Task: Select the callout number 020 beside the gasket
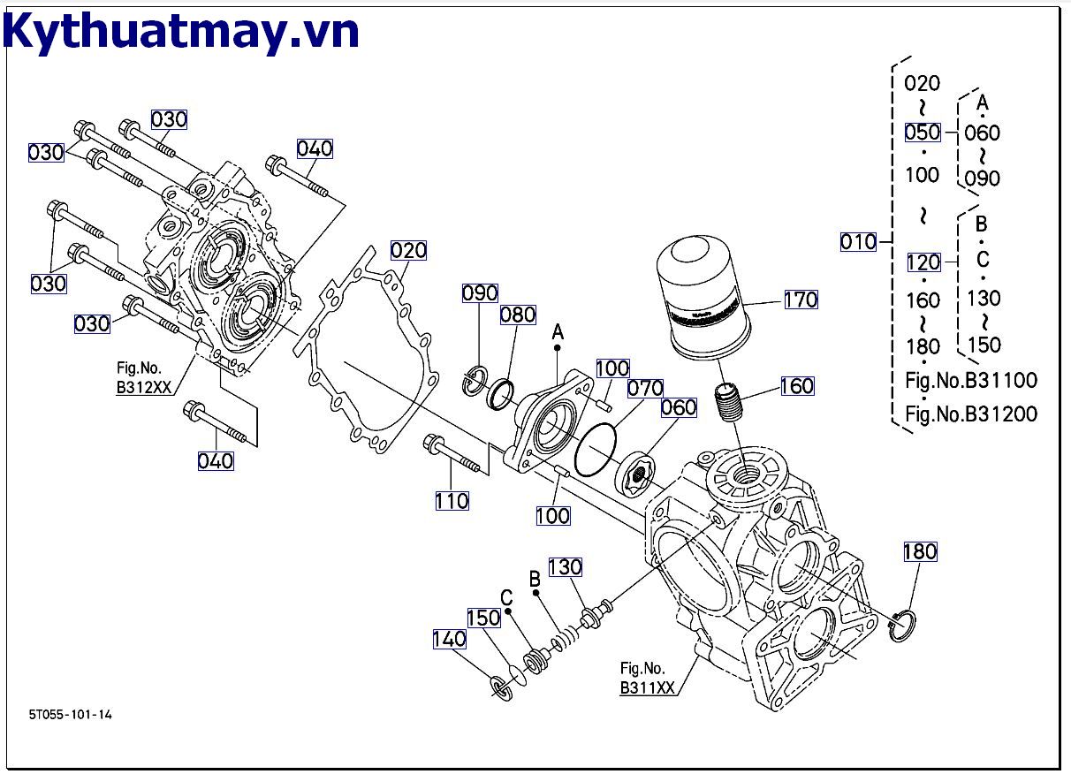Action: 408,251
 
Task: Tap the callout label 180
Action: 919,551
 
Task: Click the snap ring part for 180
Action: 902,626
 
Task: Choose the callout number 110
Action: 452,501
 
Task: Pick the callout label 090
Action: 481,292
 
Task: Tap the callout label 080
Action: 518,315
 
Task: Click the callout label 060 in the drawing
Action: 679,407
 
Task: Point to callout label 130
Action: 566,566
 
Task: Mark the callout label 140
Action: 449,639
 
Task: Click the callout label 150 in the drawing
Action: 483,618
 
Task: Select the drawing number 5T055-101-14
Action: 69,714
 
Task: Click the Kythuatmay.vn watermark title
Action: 181,33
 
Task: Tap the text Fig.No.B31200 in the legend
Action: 971,414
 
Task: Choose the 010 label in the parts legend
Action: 858,241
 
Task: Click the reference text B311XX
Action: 648,688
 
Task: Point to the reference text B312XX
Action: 144,386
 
